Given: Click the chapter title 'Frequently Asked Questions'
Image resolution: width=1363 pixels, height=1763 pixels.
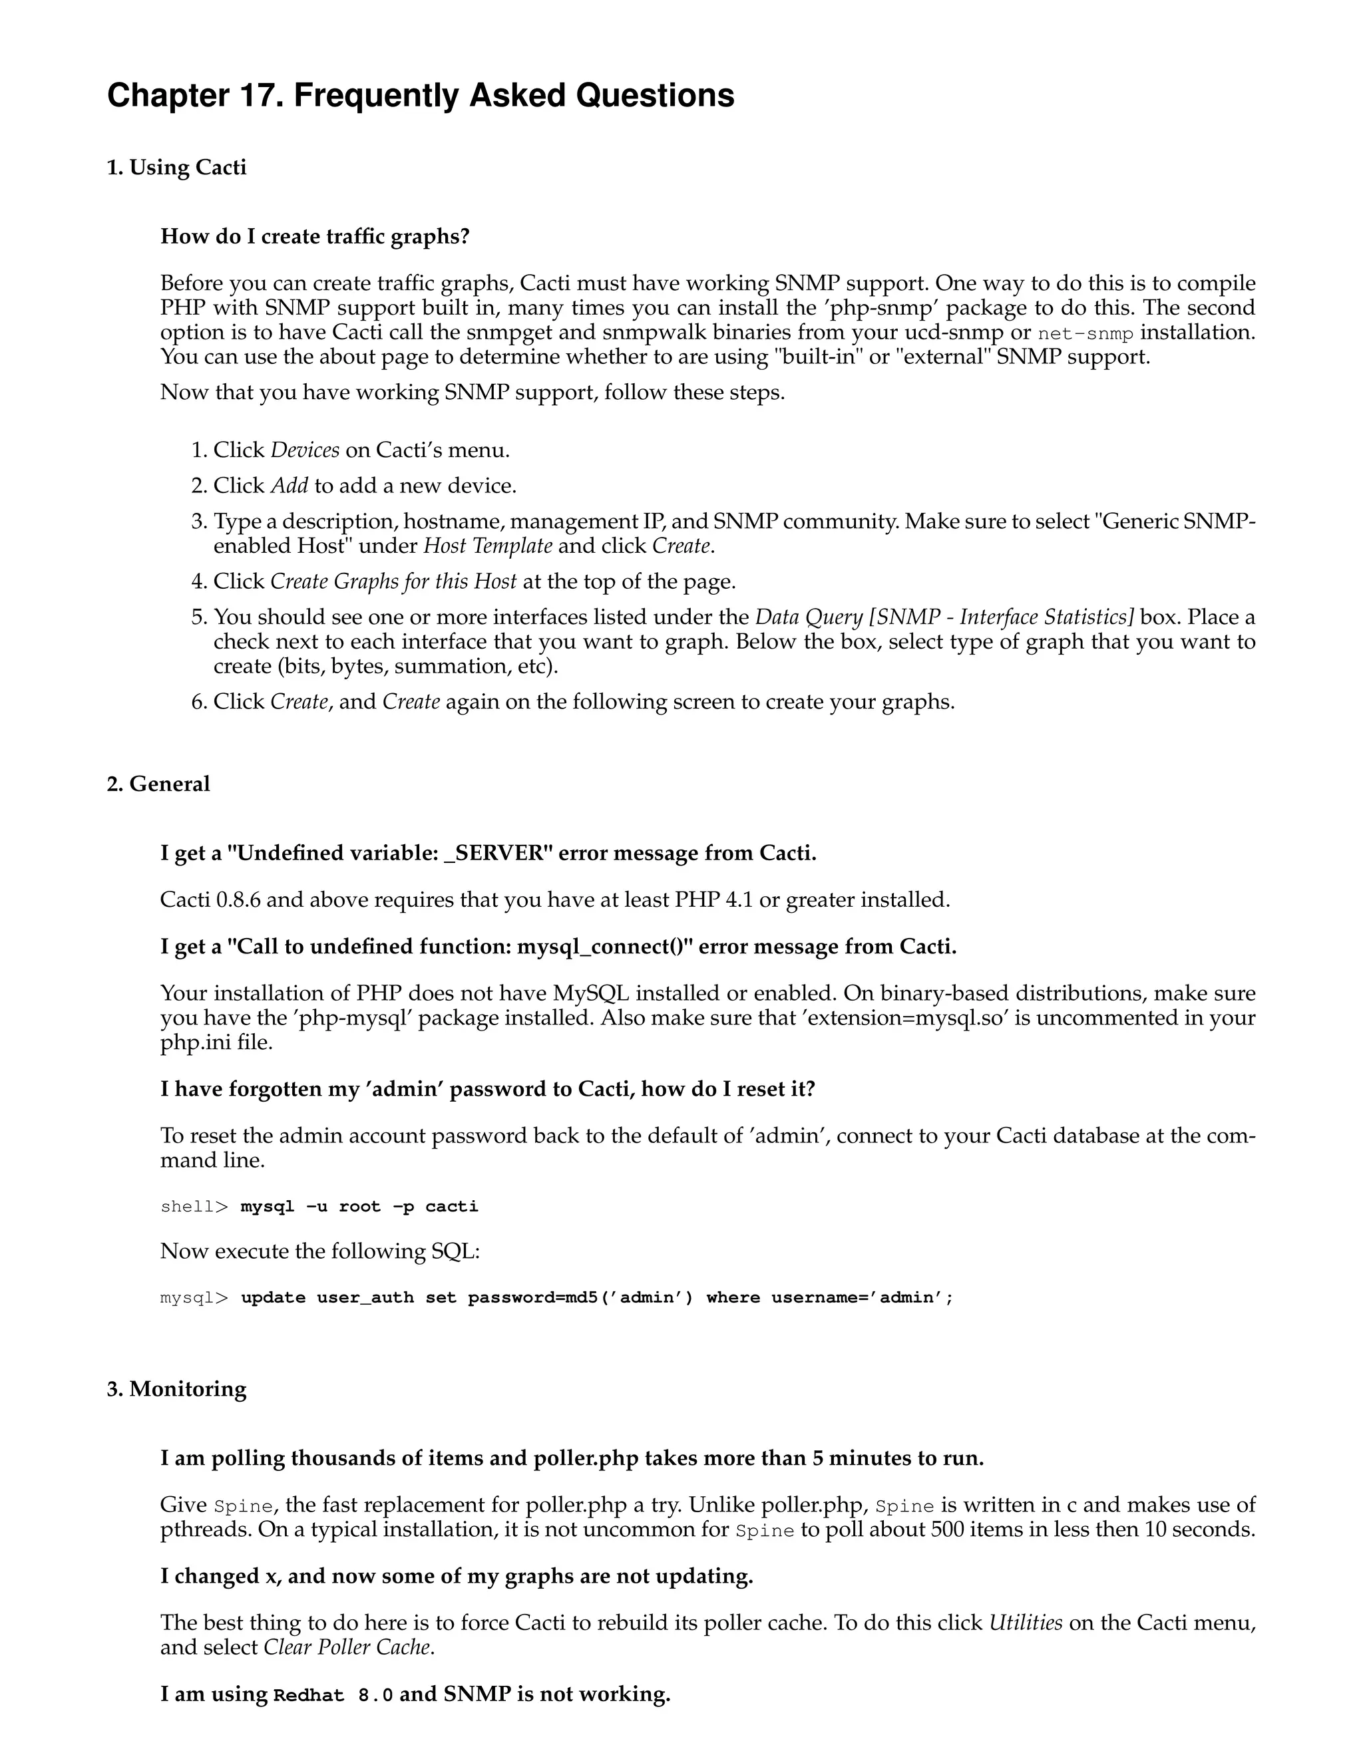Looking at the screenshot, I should click(x=514, y=95).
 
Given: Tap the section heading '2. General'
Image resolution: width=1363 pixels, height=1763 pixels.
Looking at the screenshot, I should click(x=158, y=784).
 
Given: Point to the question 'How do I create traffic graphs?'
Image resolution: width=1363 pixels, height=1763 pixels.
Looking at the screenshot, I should click(x=315, y=237).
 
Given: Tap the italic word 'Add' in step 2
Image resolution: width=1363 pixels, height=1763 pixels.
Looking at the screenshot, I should click(x=289, y=485).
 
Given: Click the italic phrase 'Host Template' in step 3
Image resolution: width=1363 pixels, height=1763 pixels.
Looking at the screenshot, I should click(x=488, y=546).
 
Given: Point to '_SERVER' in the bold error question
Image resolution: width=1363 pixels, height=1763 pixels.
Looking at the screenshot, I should click(x=494, y=854).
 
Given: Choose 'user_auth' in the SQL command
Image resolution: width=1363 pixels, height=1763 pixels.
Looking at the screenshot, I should click(x=365, y=1298).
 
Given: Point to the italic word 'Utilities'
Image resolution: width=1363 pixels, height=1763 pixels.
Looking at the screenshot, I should click(x=1025, y=1623).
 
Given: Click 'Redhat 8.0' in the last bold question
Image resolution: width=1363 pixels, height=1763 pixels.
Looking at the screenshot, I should click(x=333, y=1695).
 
